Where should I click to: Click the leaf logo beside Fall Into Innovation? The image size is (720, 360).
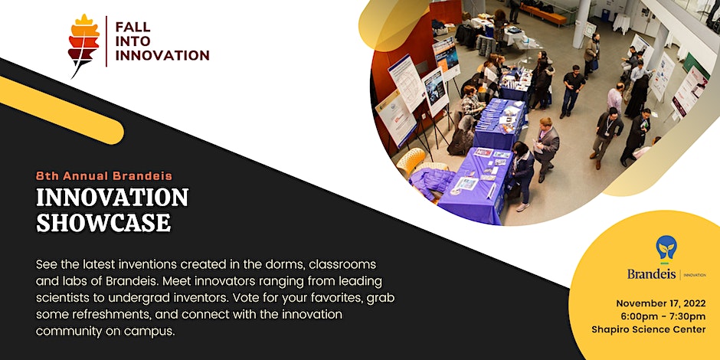tap(84, 45)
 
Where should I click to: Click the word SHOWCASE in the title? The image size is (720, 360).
tap(103, 222)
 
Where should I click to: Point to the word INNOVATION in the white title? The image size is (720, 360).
tap(112, 198)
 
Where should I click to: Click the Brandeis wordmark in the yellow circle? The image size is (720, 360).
tap(653, 273)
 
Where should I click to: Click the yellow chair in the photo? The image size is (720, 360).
tap(414, 160)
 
